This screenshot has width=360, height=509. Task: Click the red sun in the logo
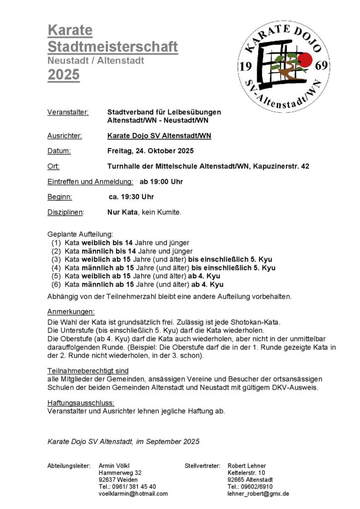[304, 61]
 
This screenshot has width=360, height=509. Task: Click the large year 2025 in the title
[63, 75]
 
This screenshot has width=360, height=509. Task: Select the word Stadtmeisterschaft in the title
[112, 47]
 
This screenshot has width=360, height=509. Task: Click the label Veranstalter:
[68, 112]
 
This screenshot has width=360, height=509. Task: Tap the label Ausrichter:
[65, 135]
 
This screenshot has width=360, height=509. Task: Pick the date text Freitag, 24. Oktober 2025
[150, 151]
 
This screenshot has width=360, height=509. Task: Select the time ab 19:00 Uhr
[161, 181]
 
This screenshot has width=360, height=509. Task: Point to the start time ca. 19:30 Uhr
[131, 197]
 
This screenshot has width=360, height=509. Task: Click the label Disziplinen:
[66, 212]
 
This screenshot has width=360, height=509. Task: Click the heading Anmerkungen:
[71, 312]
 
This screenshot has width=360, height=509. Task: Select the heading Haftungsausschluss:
[81, 403]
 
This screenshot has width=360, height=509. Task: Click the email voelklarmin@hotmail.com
[133, 494]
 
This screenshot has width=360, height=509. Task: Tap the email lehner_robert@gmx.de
[258, 494]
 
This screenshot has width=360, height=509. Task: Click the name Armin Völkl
[114, 466]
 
